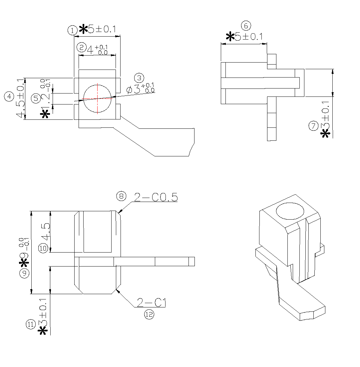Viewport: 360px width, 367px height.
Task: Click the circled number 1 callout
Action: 72,30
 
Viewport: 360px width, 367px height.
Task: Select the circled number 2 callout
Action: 81,47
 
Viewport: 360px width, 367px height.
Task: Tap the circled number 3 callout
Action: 139,78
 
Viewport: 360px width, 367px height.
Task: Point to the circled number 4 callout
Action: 9,97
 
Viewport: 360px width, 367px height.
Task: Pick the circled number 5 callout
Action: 36,98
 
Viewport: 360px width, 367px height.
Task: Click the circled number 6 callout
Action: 246,26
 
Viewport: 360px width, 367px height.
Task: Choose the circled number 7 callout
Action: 313,126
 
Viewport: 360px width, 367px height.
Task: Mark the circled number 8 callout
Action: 121,196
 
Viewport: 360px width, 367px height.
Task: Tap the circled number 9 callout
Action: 24,274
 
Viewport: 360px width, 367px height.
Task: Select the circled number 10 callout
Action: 43,248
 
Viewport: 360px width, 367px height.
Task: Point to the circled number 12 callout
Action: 149,314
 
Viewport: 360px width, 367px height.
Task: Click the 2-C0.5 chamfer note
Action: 156,198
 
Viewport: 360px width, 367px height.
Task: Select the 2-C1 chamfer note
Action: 151,303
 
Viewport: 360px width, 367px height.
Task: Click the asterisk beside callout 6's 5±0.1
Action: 230,37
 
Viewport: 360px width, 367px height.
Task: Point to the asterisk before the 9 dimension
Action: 24,264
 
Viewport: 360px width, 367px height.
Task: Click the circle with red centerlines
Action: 97,98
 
